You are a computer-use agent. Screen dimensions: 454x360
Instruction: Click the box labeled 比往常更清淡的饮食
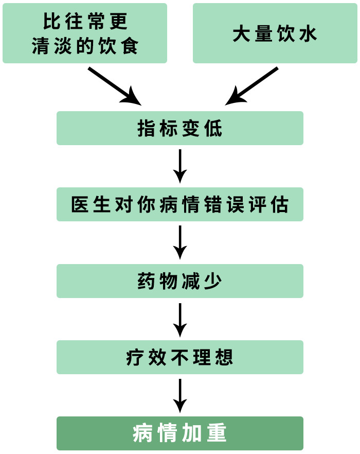[85, 33]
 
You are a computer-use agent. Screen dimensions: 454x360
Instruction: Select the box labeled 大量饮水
[275, 33]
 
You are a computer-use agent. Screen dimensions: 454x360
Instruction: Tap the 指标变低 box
[180, 128]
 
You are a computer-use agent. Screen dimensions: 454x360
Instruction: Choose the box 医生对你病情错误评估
[180, 204]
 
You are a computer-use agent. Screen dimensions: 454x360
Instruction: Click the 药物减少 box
[180, 281]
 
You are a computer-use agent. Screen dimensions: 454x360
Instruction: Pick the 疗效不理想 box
[180, 357]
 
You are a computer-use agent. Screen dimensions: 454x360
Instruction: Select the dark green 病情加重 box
[180, 433]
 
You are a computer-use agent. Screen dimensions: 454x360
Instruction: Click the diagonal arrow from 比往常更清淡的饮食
[114, 86]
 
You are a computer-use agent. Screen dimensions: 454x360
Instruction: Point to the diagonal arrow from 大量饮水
[252, 86]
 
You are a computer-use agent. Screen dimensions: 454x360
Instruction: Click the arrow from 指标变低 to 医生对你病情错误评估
[180, 166]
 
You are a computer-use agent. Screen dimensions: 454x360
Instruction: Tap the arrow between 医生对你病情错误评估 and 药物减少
[180, 242]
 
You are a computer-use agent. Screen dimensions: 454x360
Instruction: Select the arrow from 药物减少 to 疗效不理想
[180, 319]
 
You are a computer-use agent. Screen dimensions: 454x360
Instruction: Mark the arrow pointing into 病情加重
[180, 395]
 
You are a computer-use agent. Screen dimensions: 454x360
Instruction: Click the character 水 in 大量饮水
[309, 34]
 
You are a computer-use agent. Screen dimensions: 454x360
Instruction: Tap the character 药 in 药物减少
[146, 282]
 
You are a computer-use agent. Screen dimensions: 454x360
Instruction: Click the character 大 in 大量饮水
[241, 34]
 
